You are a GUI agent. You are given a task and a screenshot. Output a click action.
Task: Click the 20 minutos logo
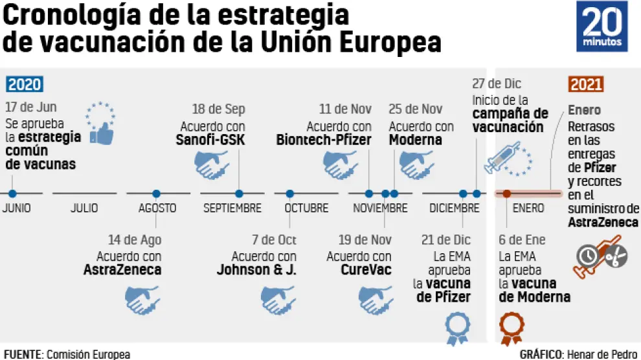click(602, 27)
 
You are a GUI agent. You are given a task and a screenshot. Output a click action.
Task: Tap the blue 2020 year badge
click(25, 84)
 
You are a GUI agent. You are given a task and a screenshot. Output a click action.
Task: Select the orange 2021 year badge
click(586, 84)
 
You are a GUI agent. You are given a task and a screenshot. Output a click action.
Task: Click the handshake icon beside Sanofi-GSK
click(212, 164)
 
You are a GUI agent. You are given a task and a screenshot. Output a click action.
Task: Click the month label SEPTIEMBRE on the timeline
click(232, 208)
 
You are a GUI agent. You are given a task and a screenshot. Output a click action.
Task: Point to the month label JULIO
click(84, 208)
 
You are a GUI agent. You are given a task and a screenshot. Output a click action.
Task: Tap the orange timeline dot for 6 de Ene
click(507, 193)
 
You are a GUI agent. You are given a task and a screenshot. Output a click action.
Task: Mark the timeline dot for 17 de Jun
click(12, 193)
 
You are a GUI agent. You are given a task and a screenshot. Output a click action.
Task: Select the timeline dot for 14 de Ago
click(156, 193)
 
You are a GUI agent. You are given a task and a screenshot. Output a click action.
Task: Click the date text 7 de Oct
click(274, 240)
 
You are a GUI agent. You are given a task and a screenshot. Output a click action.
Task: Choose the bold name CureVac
click(366, 270)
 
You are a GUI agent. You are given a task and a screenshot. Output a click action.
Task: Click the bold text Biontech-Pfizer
click(323, 140)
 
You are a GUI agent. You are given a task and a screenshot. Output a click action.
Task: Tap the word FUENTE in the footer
click(21, 354)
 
